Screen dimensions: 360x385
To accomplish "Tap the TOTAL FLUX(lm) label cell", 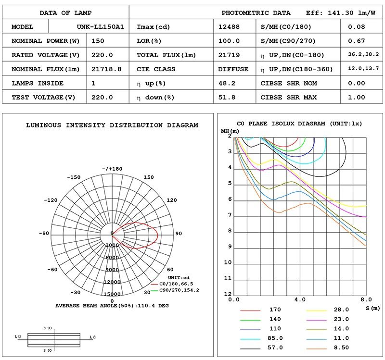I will tap(167, 55).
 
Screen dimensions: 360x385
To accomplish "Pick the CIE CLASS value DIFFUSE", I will tap(233, 69).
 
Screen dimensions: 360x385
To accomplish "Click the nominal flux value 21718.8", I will tap(106, 69).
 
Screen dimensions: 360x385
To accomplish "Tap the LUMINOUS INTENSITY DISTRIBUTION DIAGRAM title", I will tap(112, 125).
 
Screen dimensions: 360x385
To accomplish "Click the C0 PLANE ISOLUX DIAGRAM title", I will tap(299, 124).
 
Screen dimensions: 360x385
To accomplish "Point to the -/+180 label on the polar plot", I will tap(112, 169).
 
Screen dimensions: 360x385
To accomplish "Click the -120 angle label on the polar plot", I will tap(51, 200).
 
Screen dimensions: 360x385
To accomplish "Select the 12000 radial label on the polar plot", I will tap(112, 282).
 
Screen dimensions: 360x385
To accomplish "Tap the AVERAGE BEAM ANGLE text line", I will tap(112, 306).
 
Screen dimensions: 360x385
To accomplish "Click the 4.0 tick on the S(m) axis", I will tap(300, 299).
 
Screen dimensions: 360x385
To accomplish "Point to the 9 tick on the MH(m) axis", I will tap(230, 247).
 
